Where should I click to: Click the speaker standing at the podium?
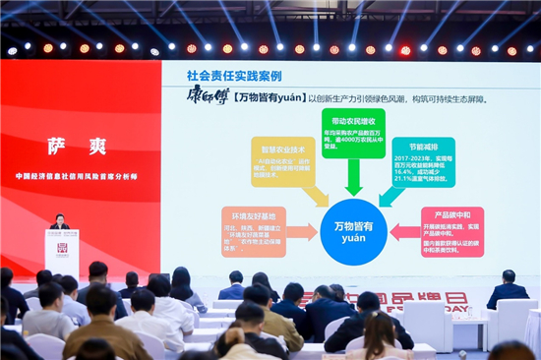[x=60, y=222]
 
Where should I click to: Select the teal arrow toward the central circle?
[x=390, y=195]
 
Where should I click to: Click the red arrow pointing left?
[x=402, y=232]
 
